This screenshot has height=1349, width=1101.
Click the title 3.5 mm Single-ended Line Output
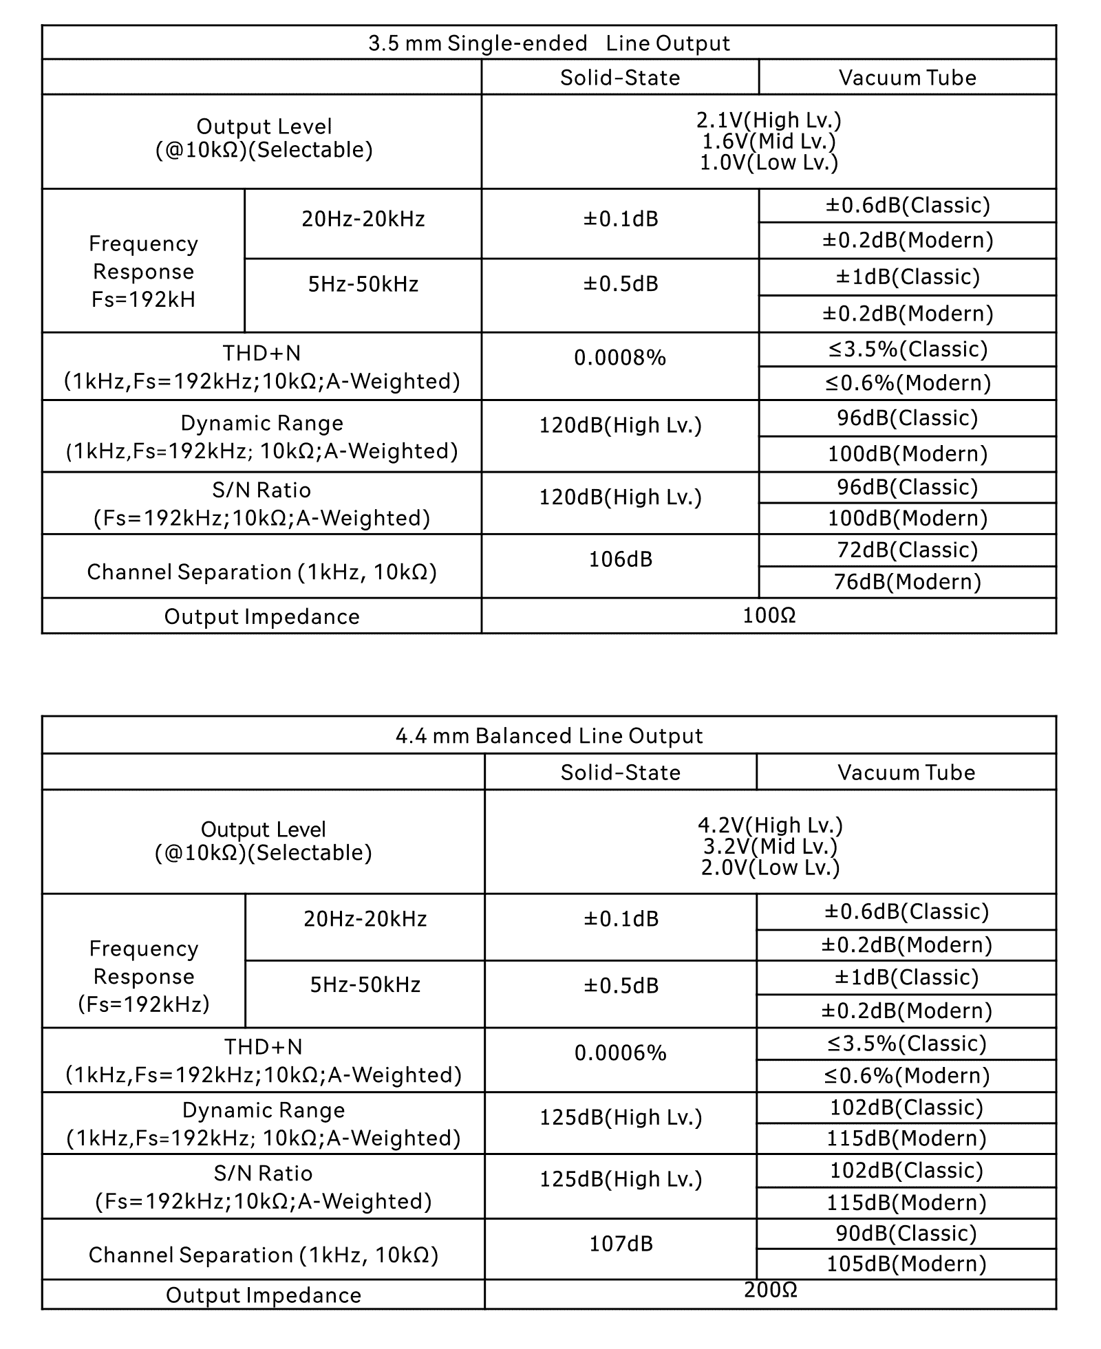(548, 43)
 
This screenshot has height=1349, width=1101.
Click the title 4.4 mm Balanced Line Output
(548, 736)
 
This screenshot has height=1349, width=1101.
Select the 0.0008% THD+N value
(620, 358)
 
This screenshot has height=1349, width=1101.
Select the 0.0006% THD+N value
(620, 1053)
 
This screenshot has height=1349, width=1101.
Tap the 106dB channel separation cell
(620, 559)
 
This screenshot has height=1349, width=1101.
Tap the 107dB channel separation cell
(620, 1244)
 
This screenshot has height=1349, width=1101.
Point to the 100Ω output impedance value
(769, 616)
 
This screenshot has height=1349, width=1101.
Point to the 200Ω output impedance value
(770, 1290)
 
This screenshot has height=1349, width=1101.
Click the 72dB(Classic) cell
(907, 550)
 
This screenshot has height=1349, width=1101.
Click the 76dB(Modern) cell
(907, 582)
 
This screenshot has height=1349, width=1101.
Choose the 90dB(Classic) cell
(906, 1233)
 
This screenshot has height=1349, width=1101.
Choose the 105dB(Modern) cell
(906, 1264)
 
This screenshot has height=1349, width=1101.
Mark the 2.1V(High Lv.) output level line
(769, 120)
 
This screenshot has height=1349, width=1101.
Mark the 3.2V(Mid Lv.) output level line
(770, 846)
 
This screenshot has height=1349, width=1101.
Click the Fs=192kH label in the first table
(143, 300)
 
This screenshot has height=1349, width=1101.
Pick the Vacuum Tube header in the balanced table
(906, 773)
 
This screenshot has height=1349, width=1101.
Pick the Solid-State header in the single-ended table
(620, 78)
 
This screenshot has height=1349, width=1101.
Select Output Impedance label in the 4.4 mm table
(264, 1295)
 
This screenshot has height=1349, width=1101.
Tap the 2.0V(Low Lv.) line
(770, 868)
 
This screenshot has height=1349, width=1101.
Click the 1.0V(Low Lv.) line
(769, 163)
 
